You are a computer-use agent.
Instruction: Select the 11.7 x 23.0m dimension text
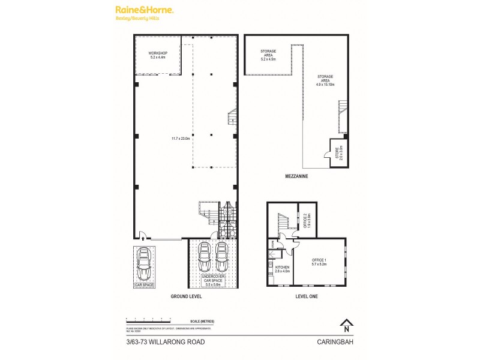tap(180, 139)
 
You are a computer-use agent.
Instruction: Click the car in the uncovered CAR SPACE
tap(144, 264)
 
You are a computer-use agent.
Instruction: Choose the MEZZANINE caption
tap(297, 177)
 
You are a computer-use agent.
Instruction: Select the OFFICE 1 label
tap(320, 262)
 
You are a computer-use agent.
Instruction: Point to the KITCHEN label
tap(282, 269)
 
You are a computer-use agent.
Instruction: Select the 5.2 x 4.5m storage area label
tap(268, 56)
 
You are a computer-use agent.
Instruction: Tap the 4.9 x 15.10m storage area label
tap(325, 81)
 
